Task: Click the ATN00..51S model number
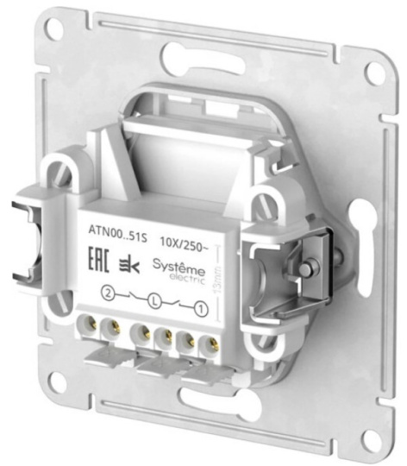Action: (x=117, y=232)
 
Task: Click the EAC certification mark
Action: (x=99, y=260)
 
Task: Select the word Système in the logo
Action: (x=178, y=267)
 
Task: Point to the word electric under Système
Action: (x=187, y=279)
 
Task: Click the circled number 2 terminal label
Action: (x=108, y=293)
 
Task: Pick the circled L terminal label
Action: (x=154, y=301)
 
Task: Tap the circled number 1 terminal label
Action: (x=201, y=309)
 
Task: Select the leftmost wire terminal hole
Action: (x=90, y=323)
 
